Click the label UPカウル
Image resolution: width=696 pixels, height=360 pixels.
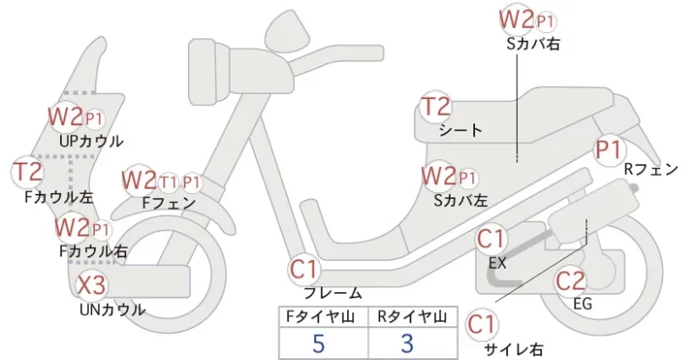point(91,141)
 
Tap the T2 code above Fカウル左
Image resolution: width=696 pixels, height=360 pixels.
point(28,172)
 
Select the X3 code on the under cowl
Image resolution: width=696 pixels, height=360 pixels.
point(91,285)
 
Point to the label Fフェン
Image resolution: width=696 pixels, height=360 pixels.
point(169,203)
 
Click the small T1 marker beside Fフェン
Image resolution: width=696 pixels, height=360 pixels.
point(168,182)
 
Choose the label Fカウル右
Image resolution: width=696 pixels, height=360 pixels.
point(93,251)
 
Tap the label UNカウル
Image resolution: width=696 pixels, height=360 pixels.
point(112,310)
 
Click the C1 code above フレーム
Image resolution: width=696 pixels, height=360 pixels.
point(304,269)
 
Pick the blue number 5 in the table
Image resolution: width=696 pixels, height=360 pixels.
point(318,343)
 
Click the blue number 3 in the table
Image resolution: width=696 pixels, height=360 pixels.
point(406,343)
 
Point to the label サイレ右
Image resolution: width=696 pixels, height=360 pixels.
point(513,350)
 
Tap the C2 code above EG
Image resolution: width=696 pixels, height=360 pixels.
point(571,281)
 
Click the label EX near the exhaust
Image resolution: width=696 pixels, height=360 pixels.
point(497,263)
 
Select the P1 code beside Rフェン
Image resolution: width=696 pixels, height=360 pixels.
point(608,150)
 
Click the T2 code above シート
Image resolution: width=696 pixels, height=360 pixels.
point(436,107)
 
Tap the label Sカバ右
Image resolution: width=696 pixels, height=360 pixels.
point(533,43)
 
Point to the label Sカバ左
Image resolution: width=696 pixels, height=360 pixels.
point(461,201)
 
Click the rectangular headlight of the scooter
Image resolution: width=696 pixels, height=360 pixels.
point(209,73)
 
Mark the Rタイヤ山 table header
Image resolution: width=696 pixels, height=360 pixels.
point(412,317)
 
